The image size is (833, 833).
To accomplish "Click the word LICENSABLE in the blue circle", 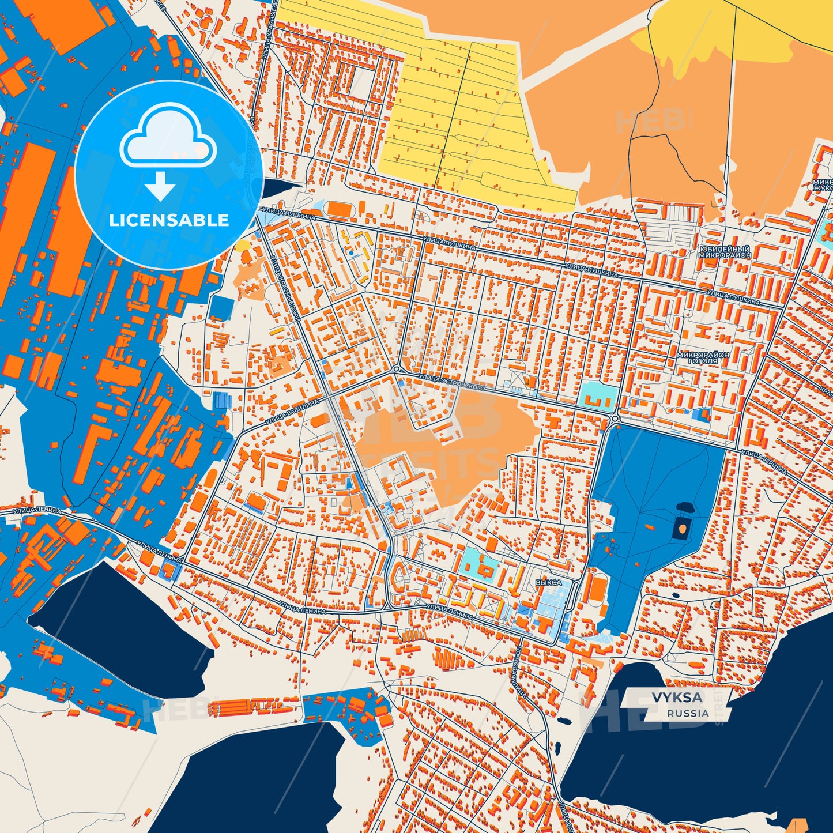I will point(169,220).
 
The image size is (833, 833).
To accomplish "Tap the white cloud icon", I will point(168,139).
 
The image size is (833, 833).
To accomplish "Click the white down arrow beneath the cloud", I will point(160,186).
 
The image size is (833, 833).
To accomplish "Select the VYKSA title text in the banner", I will point(677,698).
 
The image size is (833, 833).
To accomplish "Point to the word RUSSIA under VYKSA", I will point(688,713).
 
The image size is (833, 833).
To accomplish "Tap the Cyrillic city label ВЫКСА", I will point(548,583).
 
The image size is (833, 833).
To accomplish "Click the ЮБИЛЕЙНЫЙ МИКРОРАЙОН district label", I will point(725,252).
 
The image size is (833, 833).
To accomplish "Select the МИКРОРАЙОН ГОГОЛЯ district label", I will point(703,358).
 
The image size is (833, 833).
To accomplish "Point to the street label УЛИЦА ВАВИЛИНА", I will point(292,414).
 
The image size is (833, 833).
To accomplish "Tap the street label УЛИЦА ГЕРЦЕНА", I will point(764,462).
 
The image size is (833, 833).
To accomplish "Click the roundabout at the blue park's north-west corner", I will point(615,419).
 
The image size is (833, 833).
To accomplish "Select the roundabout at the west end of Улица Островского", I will point(397,369).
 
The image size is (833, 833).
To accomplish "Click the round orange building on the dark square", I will point(682,527).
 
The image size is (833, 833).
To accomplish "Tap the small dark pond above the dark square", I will point(685,507).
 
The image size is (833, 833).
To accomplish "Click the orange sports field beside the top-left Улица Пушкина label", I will point(338,209).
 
